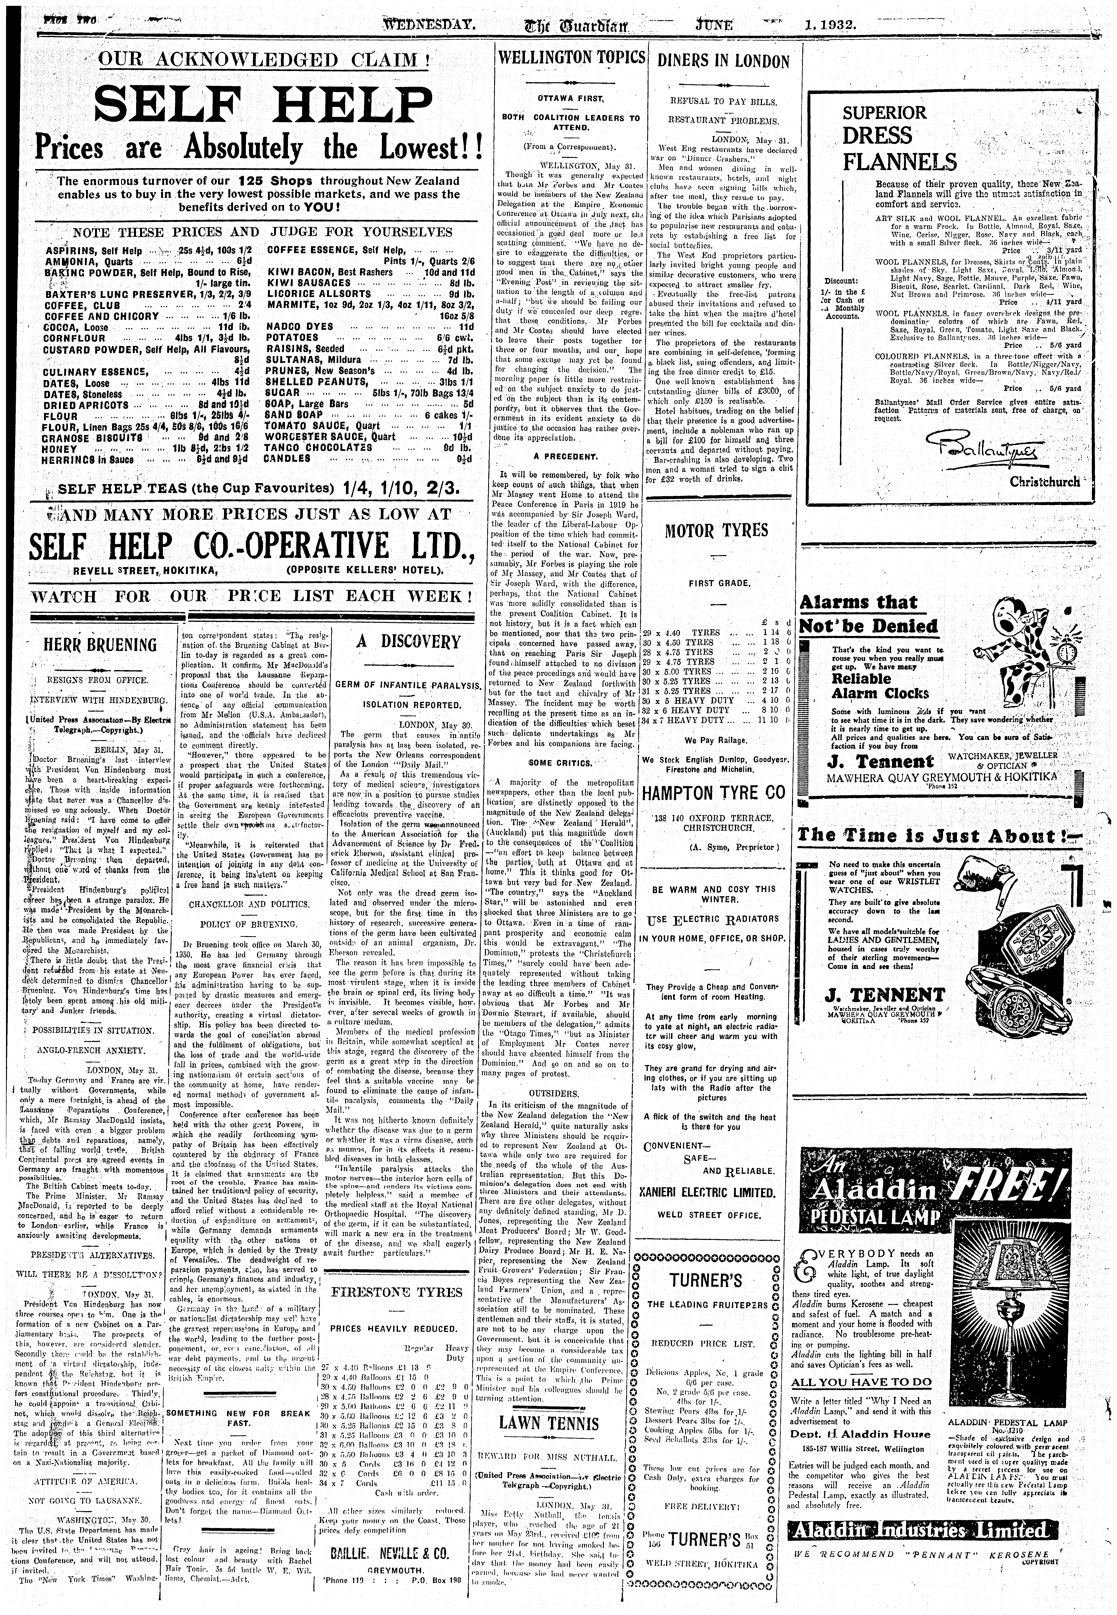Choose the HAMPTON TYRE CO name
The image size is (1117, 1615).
point(714,793)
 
